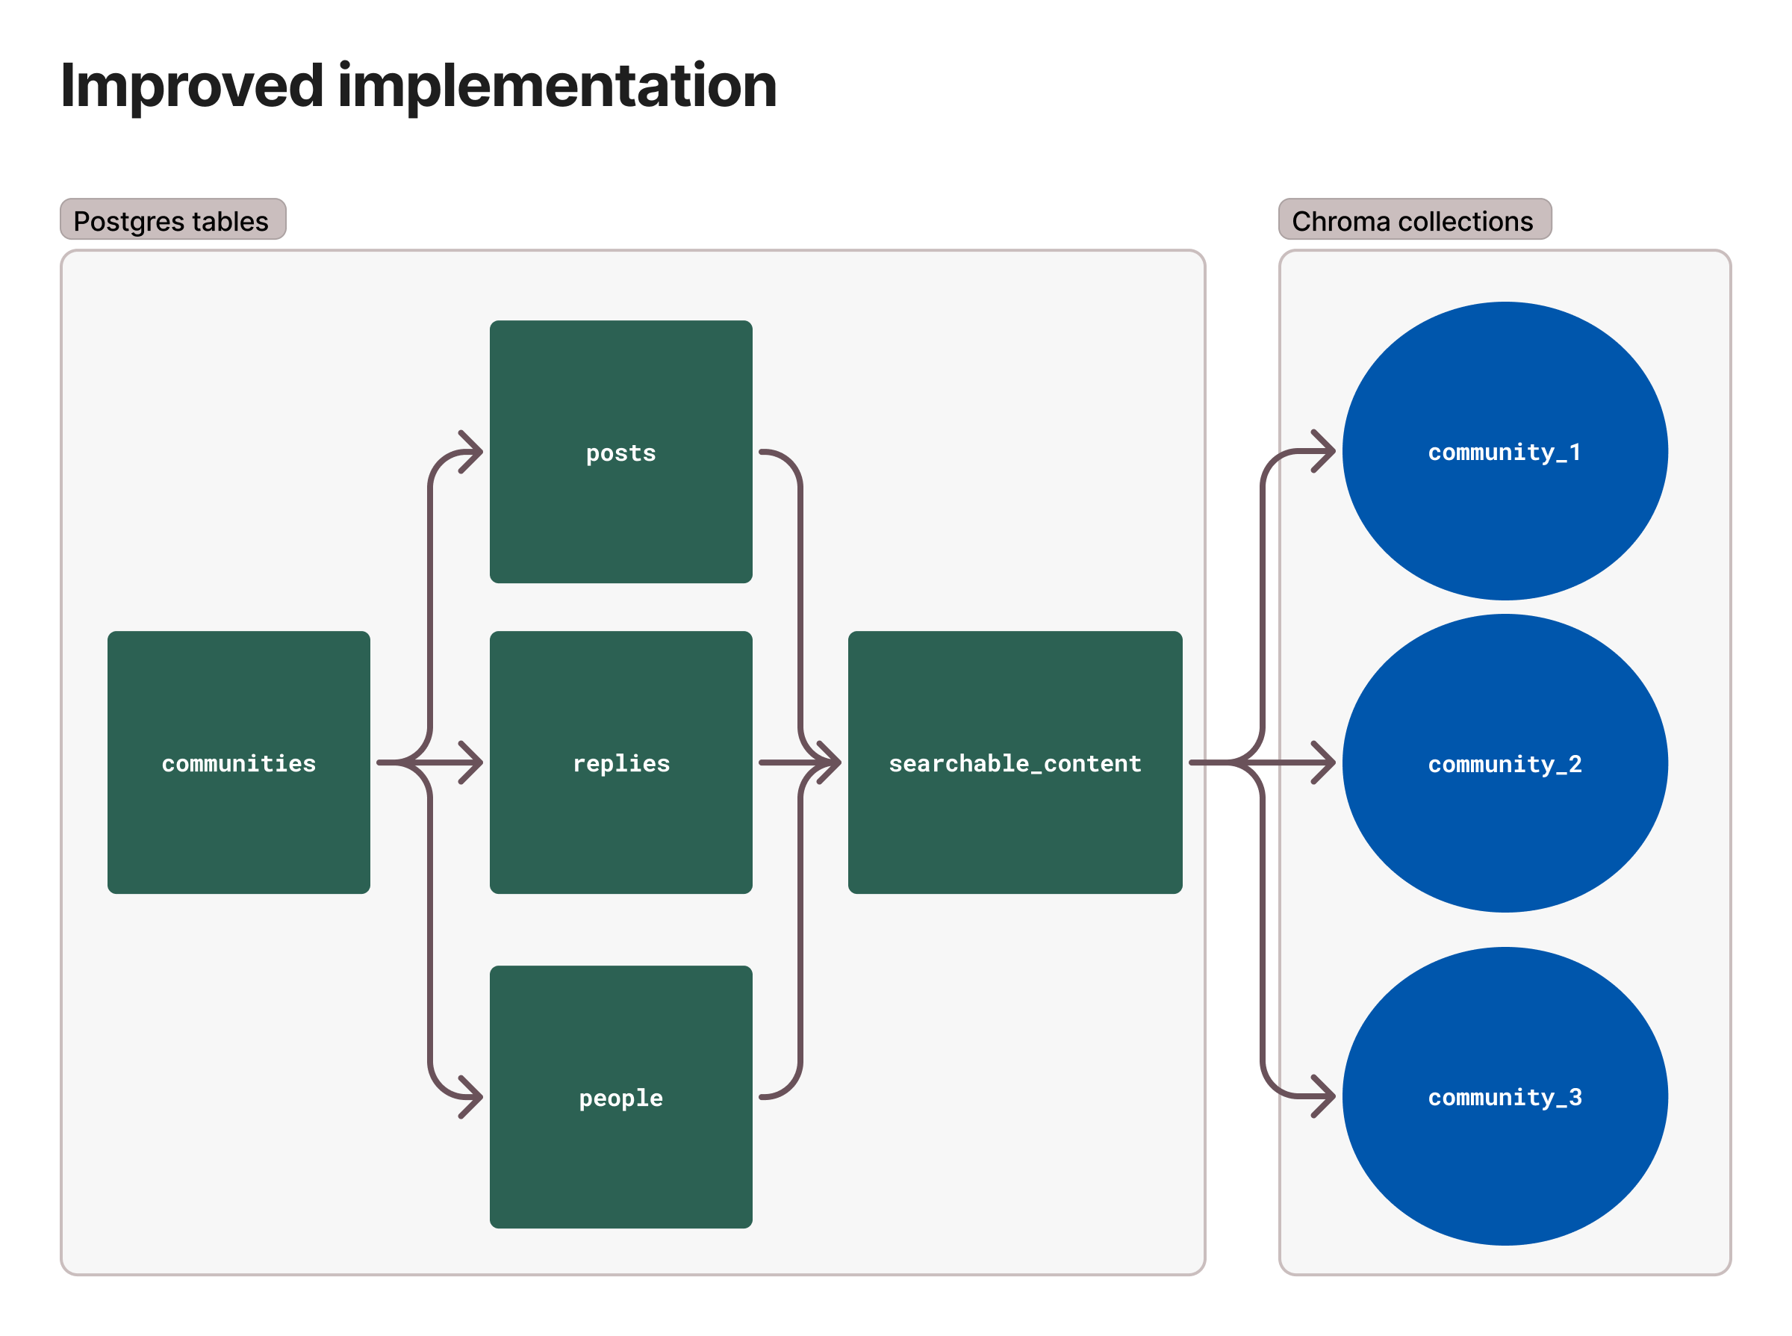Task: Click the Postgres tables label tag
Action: click(172, 220)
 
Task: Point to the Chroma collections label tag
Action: click(1413, 220)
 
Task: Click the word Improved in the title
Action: click(193, 85)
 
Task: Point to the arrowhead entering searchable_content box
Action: click(830, 762)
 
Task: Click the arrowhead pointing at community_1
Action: click(1325, 451)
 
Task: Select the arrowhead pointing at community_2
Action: click(1325, 762)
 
